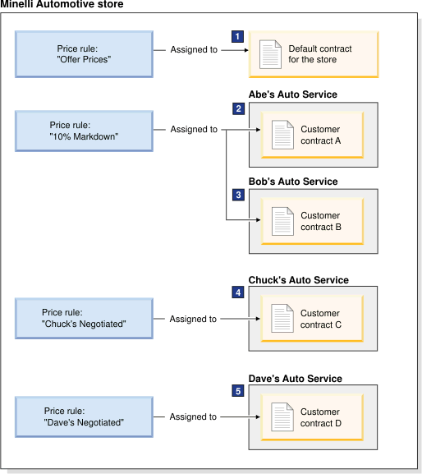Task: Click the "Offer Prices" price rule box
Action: coord(84,54)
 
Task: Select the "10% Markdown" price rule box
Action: coord(84,131)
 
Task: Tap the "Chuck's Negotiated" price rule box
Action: coord(84,318)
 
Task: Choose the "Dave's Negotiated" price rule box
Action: coord(84,416)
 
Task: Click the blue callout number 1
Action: coord(238,37)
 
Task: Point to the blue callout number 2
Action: coord(239,108)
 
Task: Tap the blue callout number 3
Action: coord(239,195)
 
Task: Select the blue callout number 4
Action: coord(238,292)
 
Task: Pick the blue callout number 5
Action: coord(238,391)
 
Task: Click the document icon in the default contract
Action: coord(270,54)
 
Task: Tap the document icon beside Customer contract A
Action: coord(282,135)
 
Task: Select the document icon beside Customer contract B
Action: coord(282,221)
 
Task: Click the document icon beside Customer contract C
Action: coord(282,318)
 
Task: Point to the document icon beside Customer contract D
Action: coord(282,416)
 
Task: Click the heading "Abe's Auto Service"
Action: coord(293,94)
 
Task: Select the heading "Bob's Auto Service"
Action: coord(293,182)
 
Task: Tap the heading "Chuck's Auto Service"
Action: coord(299,280)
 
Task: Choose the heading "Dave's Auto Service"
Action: coord(295,379)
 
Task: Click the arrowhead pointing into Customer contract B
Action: coord(259,220)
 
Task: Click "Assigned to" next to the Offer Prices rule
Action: coord(194,49)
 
